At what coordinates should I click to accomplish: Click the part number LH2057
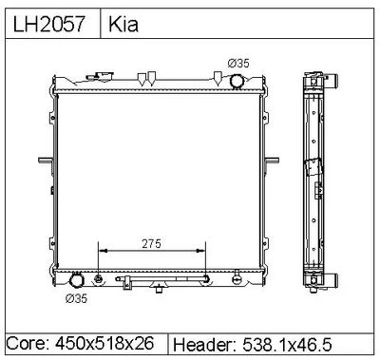[48, 24]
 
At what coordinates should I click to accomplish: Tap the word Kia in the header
[123, 24]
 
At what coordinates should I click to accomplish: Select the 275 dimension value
[151, 243]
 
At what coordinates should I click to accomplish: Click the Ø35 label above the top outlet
[238, 64]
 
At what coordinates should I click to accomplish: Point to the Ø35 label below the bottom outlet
[76, 298]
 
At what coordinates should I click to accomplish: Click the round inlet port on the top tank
[237, 82]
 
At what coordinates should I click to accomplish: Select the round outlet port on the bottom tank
[76, 280]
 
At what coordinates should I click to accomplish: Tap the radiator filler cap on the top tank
[101, 77]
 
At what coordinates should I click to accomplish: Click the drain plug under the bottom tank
[160, 289]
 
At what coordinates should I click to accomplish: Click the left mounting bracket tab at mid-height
[46, 161]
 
